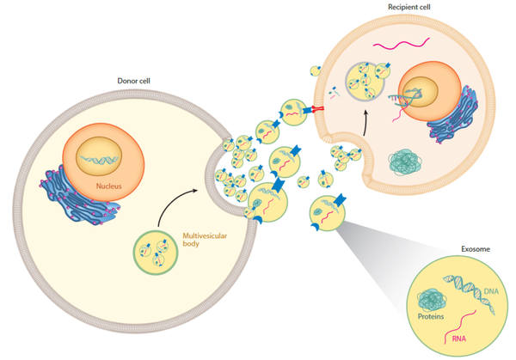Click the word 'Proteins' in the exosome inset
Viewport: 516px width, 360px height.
433,318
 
